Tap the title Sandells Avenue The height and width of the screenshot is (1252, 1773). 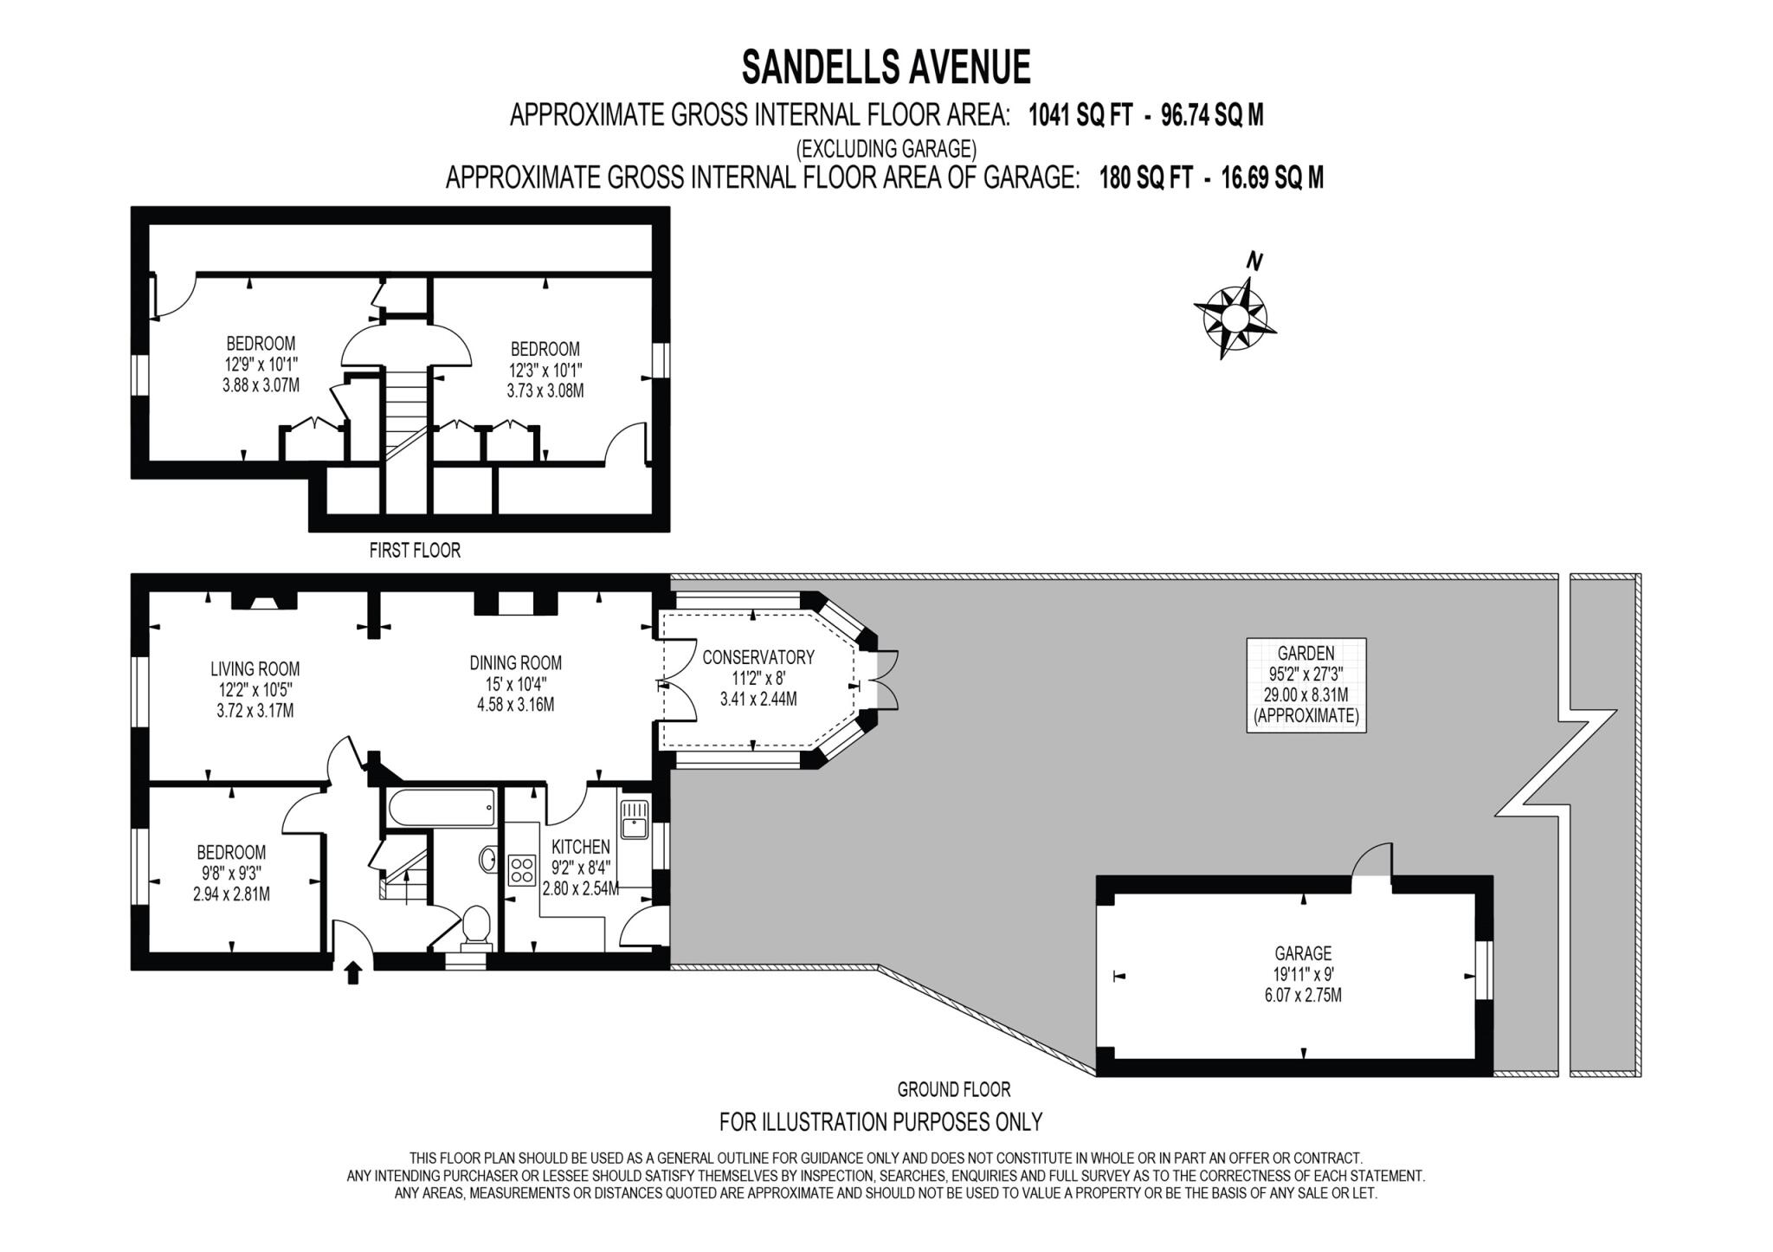[x=886, y=67]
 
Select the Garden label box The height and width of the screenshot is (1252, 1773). [x=1306, y=685]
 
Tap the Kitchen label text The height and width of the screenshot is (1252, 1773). [x=581, y=847]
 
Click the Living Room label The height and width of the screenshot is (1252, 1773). [x=255, y=668]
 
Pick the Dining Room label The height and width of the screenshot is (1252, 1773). [x=515, y=663]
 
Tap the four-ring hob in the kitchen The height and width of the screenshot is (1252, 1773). [x=522, y=868]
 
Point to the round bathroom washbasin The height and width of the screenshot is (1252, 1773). [x=487, y=859]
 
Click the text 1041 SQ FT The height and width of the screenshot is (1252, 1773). [x=1080, y=115]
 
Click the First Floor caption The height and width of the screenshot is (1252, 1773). [x=415, y=550]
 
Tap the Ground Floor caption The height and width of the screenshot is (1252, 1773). [x=953, y=1089]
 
